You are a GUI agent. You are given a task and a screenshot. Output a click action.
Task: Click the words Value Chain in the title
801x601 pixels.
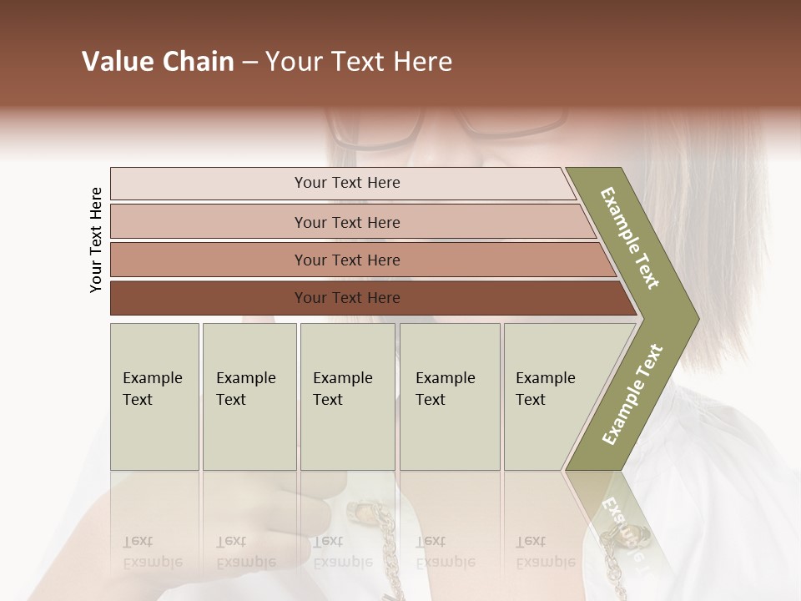point(158,62)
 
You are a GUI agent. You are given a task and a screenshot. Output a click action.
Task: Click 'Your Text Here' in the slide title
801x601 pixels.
point(359,62)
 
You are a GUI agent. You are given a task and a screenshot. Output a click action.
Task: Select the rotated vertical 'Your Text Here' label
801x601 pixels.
point(97,240)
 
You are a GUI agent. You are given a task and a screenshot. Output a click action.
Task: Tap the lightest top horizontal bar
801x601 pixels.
point(346,183)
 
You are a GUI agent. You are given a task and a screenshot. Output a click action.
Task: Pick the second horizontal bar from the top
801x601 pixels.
point(346,222)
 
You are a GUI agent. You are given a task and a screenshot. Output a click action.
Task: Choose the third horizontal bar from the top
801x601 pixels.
point(346,260)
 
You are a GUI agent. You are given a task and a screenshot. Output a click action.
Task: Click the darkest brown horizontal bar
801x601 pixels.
point(346,298)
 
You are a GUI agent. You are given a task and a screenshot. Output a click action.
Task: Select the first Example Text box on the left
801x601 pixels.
point(154,396)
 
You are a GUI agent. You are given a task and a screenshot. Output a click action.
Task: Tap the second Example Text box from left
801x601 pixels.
point(249,396)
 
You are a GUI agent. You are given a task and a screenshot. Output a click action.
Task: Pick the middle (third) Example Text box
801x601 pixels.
point(347,396)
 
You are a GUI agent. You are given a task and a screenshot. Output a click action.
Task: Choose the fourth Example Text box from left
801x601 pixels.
point(450,396)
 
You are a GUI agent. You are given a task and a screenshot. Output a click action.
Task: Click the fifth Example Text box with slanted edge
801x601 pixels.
point(551,396)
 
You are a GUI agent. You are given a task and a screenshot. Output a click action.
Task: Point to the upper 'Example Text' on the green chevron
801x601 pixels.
point(630,239)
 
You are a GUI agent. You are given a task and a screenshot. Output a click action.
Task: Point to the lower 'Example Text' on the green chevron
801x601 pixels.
point(632,393)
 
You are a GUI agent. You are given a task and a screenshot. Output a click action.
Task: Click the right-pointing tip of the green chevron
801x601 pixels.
point(694,319)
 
